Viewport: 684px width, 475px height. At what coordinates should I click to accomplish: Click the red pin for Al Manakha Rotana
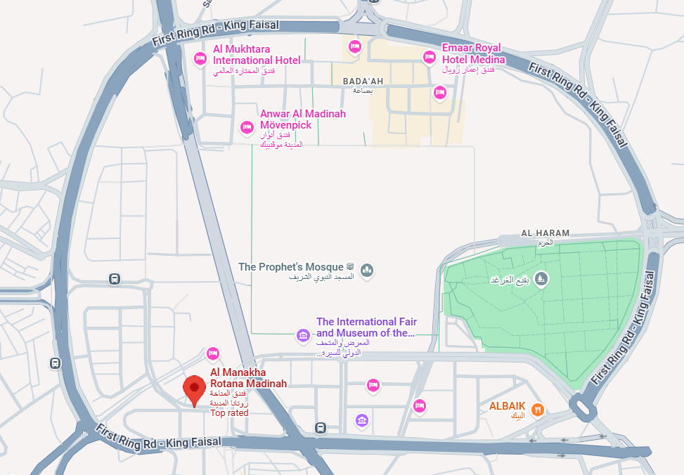[194, 389]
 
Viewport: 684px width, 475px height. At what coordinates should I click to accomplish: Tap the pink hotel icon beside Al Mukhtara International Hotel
[200, 59]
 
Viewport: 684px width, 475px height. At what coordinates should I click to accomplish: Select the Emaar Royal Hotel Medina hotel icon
[429, 56]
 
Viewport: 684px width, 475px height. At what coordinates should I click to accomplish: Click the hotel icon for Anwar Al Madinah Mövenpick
[247, 126]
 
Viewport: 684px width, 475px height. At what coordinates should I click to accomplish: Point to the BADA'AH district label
[363, 82]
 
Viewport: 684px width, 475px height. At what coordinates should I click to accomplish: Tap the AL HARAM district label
[546, 233]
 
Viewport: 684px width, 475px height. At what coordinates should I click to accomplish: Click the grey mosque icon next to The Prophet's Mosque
[366, 270]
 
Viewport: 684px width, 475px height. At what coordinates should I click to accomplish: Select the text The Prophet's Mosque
[291, 267]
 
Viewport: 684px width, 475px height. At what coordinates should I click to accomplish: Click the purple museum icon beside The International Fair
[303, 335]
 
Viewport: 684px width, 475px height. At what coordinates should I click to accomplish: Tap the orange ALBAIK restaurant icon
[537, 409]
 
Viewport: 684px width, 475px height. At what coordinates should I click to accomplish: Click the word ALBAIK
[506, 406]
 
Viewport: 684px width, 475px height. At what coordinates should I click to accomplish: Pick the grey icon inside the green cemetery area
[540, 279]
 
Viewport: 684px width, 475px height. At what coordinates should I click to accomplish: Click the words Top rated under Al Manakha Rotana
[229, 413]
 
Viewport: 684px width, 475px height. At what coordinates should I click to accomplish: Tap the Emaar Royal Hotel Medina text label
[472, 53]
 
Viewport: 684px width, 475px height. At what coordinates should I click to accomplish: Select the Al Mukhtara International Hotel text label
[257, 55]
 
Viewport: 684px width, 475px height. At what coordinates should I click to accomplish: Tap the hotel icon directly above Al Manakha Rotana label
[213, 353]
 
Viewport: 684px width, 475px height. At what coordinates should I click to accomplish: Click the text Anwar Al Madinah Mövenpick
[302, 119]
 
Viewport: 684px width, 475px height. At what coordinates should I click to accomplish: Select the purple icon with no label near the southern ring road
[361, 420]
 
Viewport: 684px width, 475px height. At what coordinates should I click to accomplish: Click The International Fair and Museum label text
[366, 327]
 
